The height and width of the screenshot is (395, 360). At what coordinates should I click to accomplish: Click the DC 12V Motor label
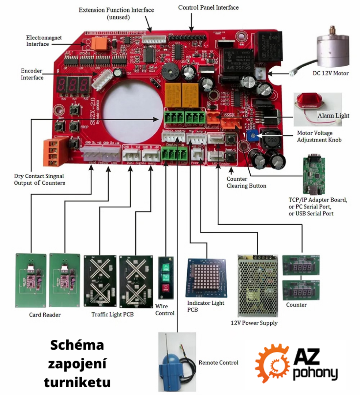coord(331,74)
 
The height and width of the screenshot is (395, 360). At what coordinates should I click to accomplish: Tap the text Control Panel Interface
coord(208,7)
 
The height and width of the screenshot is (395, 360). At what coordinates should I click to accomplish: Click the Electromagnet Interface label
coord(44,41)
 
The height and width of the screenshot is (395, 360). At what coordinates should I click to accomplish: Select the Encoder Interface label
coord(32,74)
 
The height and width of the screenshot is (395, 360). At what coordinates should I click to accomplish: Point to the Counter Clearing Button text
coord(246,182)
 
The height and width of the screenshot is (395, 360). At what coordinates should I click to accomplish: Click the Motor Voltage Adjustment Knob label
coord(319,136)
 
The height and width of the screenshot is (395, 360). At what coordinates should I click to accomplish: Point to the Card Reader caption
coord(45,315)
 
